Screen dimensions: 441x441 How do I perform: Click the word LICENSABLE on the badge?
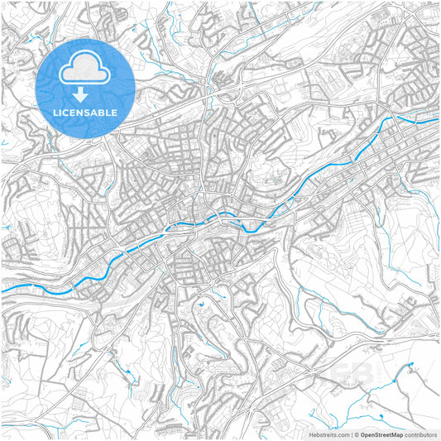point(85,112)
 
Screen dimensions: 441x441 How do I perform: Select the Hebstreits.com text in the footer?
point(329,434)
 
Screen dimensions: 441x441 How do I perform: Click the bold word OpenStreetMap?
point(381,434)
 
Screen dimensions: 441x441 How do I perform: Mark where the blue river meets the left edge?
point(2,290)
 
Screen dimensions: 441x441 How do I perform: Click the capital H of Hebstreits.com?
point(311,434)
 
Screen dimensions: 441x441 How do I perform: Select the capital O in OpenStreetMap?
point(362,434)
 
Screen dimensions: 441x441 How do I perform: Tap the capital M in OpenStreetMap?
point(392,434)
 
